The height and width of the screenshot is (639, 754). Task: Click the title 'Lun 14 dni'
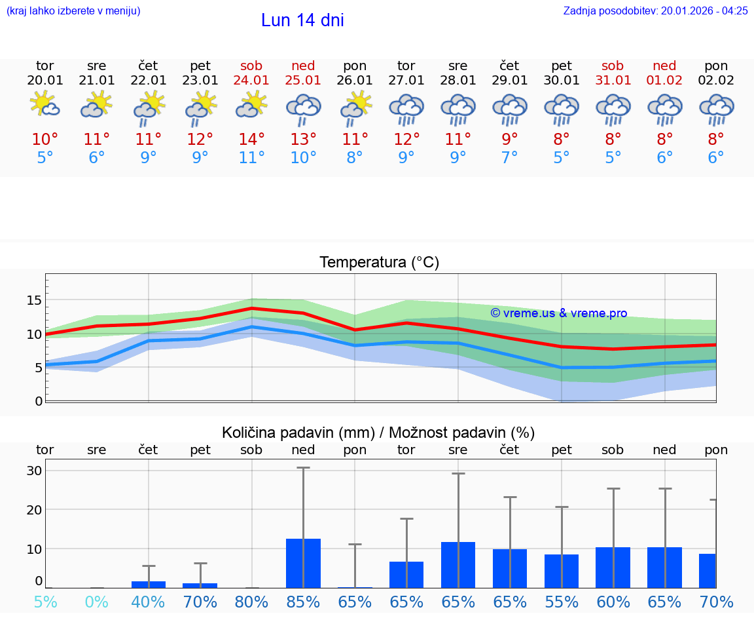point(302,20)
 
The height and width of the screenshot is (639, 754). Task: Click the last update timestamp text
point(655,10)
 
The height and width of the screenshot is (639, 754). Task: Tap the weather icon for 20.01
point(45,105)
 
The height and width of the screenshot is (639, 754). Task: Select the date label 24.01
point(251,80)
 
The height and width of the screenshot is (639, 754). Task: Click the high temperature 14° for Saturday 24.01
point(251,139)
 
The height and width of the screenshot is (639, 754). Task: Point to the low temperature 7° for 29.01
point(509,157)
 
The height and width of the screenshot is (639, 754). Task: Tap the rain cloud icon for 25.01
point(303,109)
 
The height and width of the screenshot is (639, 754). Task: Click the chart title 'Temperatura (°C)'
point(379,262)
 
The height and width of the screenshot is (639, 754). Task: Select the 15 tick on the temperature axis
point(34,300)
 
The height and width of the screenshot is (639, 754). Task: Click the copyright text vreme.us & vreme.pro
point(558,313)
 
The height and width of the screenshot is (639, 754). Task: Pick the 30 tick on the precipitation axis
point(34,471)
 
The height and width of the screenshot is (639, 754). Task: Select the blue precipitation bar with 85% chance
point(303,563)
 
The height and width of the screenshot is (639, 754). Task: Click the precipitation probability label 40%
point(148,602)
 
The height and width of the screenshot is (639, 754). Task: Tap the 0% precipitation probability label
point(96,602)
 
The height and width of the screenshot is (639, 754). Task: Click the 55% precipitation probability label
point(561,602)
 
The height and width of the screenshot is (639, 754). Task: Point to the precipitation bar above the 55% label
point(561,571)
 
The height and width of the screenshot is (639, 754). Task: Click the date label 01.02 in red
point(664,80)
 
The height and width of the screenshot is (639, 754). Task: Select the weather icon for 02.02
point(716,109)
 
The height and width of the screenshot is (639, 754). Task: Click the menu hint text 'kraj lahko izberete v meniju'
point(73,10)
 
